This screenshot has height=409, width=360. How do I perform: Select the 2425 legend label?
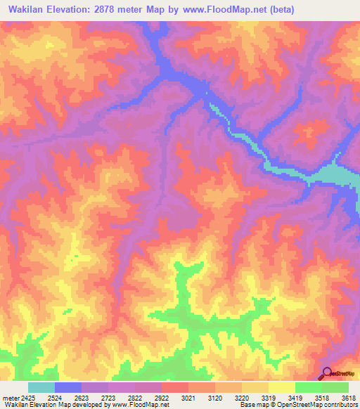pyautogui.click(x=28, y=398)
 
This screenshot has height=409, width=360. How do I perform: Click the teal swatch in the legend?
pyautogui.click(x=41, y=387)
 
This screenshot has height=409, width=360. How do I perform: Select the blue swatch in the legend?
pyautogui.click(x=68, y=387)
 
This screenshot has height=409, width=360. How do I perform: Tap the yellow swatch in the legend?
pyautogui.click(x=281, y=387)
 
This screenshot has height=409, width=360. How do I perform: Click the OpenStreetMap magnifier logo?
pyautogui.click(x=326, y=373)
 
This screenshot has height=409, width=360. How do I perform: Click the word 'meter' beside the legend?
pyautogui.click(x=11, y=398)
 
